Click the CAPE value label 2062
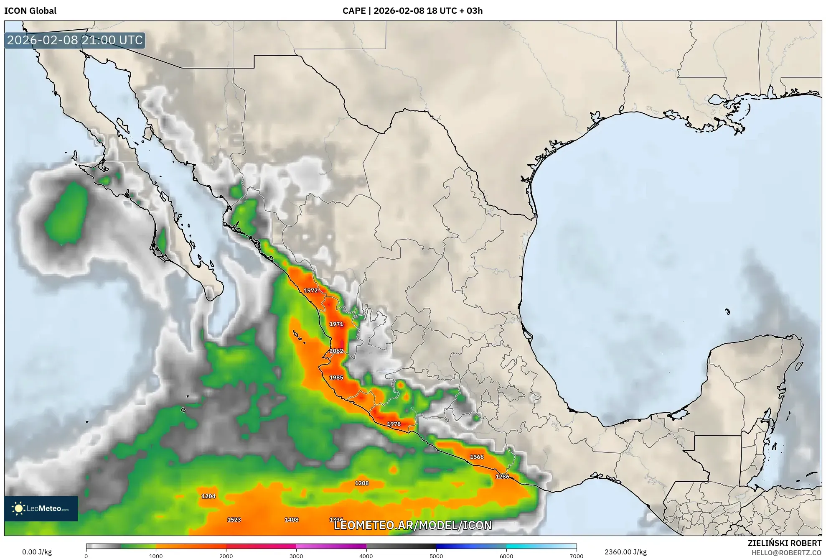[x=336, y=351]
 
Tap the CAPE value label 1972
[x=310, y=290]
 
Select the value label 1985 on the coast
[x=336, y=378]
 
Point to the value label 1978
[x=394, y=424]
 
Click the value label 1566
[x=477, y=457]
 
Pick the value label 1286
[x=502, y=477]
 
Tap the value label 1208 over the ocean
[x=362, y=483]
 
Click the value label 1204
[x=208, y=496]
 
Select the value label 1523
[x=234, y=520]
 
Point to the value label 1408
[x=292, y=520]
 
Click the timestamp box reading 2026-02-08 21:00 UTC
[x=75, y=40]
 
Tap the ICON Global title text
[x=30, y=11]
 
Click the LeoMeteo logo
[x=41, y=508]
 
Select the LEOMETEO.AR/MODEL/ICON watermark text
[x=413, y=526]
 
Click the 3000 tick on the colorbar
[x=296, y=556]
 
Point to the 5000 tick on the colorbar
[x=436, y=556]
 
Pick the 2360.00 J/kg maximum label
[x=625, y=552]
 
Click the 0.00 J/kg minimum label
[x=37, y=552]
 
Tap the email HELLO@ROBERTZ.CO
[x=786, y=553]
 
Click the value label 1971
[x=336, y=324]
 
